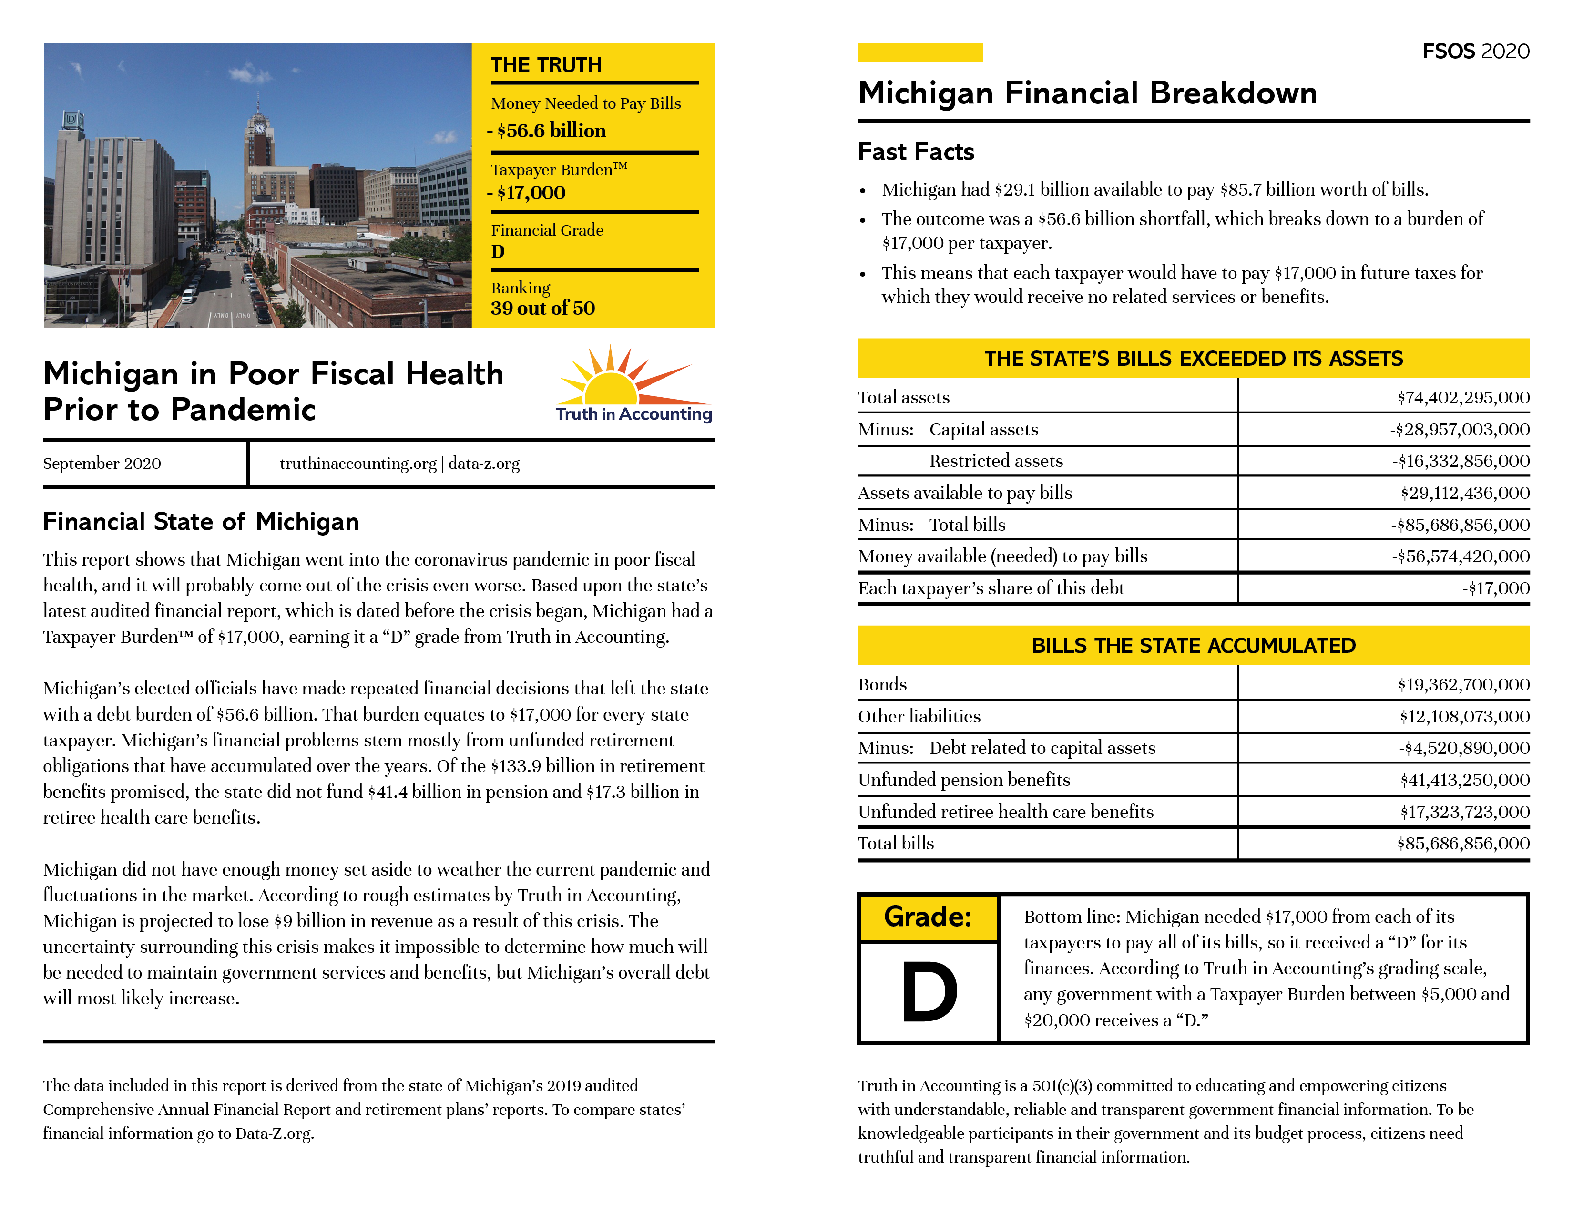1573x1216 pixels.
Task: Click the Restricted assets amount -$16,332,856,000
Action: (x=1460, y=461)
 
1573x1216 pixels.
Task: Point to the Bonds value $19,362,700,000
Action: (x=1463, y=684)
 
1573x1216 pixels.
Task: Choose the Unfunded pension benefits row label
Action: (x=964, y=780)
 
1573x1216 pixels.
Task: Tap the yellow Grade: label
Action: (x=928, y=917)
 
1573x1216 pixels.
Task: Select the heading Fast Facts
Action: (x=915, y=152)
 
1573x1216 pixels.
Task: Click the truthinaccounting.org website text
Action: (x=358, y=463)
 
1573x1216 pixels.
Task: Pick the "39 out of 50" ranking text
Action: (x=542, y=309)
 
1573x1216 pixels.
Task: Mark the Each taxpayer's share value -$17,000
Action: (x=1495, y=588)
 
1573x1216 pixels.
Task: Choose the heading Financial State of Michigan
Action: (x=201, y=522)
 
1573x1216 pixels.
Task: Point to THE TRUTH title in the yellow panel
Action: (x=546, y=65)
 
